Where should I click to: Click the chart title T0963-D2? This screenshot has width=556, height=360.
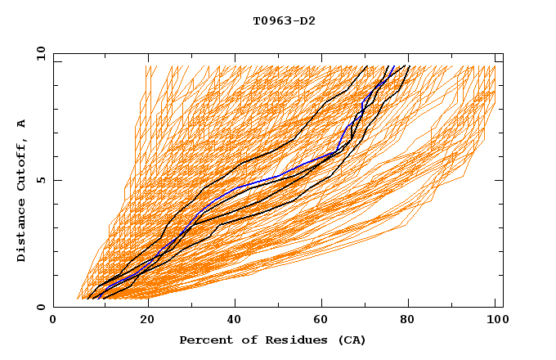click(x=284, y=20)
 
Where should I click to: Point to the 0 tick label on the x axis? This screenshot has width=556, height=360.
click(x=53, y=320)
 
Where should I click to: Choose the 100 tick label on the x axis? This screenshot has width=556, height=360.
click(x=495, y=320)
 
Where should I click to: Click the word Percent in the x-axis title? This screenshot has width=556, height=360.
click(x=202, y=340)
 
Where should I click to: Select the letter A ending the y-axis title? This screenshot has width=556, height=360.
click(x=22, y=124)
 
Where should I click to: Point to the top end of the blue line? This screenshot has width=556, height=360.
click(x=394, y=66)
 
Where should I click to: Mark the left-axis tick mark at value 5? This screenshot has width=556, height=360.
click(x=56, y=180)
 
